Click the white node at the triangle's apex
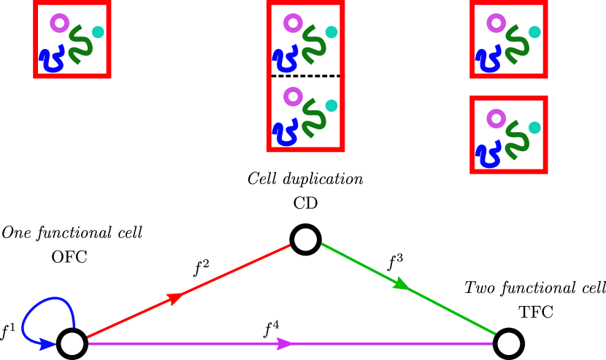click(x=305, y=240)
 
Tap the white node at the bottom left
click(x=72, y=343)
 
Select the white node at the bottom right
click(x=508, y=343)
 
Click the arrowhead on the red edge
click(x=175, y=297)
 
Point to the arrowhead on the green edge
click(x=401, y=283)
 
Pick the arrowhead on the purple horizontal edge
click(x=285, y=343)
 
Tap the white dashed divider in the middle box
click(x=305, y=76)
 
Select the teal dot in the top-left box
click(x=98, y=32)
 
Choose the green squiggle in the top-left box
click(x=80, y=45)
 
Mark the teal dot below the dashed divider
click(x=331, y=105)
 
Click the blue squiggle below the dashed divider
click(x=285, y=133)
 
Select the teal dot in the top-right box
click(x=534, y=32)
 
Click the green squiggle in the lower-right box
click(x=517, y=139)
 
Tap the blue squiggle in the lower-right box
click(x=488, y=155)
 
